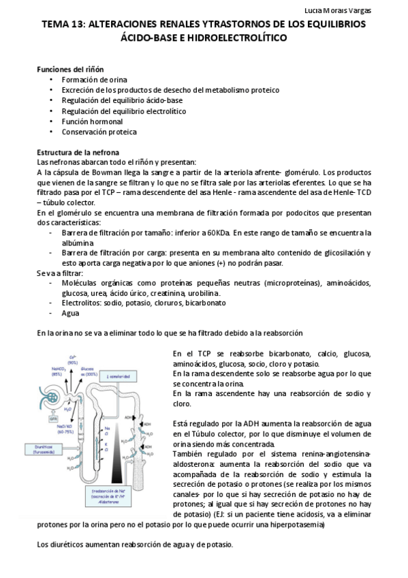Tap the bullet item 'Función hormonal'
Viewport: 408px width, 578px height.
click(92, 121)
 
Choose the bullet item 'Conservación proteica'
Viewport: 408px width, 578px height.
click(99, 132)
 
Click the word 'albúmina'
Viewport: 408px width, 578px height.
click(78, 243)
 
